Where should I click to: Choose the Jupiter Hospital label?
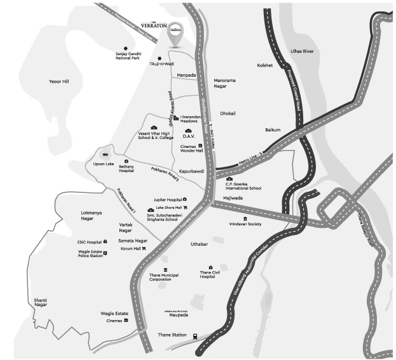[167, 199]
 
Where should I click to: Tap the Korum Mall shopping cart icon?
[144, 248]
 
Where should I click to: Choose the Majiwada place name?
[244, 198]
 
